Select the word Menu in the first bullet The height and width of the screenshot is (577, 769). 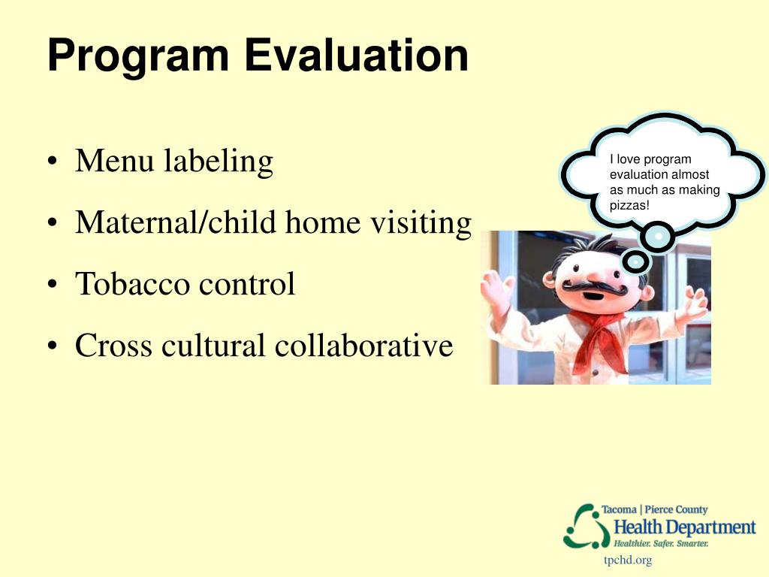click(x=114, y=161)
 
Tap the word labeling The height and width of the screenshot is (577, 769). click(x=219, y=162)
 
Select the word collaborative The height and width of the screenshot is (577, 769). click(x=363, y=345)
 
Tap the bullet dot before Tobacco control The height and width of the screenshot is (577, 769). click(x=53, y=285)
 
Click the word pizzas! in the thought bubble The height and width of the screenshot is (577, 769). click(x=629, y=206)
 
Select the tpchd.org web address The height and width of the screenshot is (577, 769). click(x=628, y=560)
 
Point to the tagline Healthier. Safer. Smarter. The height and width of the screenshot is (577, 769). click(x=661, y=544)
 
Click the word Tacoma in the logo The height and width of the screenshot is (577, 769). click(x=619, y=510)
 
